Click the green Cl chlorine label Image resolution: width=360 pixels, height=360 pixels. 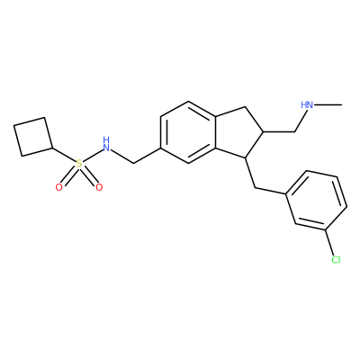pos(336,259)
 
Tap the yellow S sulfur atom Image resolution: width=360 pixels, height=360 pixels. pos(78,164)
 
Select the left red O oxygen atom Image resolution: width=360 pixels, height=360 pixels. pos(59,187)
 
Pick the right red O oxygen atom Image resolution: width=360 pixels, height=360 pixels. pos(99,187)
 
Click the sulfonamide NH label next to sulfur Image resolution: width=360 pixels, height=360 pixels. pos(105,144)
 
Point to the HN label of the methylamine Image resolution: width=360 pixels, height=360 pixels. pos(307,104)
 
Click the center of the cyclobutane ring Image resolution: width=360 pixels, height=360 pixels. pos(33,137)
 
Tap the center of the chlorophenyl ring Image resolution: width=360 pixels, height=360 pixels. pos(318,201)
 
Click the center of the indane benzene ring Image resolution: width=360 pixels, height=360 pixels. pos(188,132)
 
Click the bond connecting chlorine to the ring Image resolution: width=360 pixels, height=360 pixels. pos(330,243)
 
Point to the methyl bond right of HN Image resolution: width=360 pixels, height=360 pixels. pos(328,104)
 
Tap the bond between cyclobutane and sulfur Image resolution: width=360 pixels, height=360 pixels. pos(64,155)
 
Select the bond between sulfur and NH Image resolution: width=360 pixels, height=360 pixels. pos(92,155)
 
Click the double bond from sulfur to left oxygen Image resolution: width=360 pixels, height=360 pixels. pos(69,175)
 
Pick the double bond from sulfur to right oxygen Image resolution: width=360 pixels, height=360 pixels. pos(88,175)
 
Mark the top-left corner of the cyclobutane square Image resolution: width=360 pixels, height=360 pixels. pos(13,125)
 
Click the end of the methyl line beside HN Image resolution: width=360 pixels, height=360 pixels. pos(342,104)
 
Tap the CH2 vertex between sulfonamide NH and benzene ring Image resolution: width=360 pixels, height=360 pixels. pos(133,164)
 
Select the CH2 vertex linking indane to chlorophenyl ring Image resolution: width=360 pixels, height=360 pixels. pos(255,188)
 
